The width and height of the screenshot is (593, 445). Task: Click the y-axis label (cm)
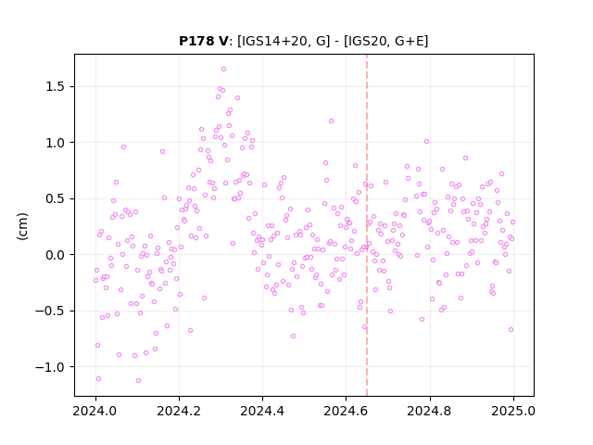point(22,226)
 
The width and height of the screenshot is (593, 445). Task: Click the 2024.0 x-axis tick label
point(95,411)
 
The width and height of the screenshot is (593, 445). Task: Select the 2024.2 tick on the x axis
point(179,411)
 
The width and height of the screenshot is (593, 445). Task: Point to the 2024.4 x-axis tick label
point(262,411)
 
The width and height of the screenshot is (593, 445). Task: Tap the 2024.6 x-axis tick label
point(346,411)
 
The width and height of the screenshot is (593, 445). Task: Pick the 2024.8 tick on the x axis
point(429,411)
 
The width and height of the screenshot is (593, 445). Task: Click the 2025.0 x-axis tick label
point(513,411)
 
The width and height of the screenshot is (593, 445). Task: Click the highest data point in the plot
point(223,69)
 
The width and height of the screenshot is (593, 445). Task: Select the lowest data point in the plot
point(138,380)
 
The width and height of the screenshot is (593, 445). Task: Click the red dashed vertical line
point(367,225)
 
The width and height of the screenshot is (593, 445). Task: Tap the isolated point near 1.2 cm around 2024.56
point(331,121)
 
